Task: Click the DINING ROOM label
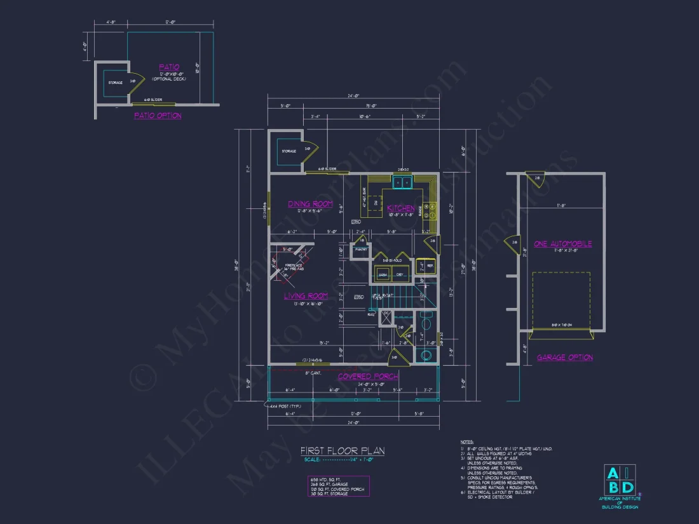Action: [x=310, y=204]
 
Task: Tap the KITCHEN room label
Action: [x=400, y=208]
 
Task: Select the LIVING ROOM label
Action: [x=306, y=296]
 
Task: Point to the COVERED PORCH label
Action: [x=368, y=377]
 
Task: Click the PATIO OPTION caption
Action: [x=158, y=116]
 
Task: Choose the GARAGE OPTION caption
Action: [x=564, y=358]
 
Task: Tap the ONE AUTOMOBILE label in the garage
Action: [x=562, y=244]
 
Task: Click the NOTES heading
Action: [x=467, y=441]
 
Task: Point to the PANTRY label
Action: [x=361, y=250]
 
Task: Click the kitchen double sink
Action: [x=401, y=182]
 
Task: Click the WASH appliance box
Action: [x=383, y=274]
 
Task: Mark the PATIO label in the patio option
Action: [x=168, y=67]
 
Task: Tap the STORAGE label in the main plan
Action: [x=289, y=151]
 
